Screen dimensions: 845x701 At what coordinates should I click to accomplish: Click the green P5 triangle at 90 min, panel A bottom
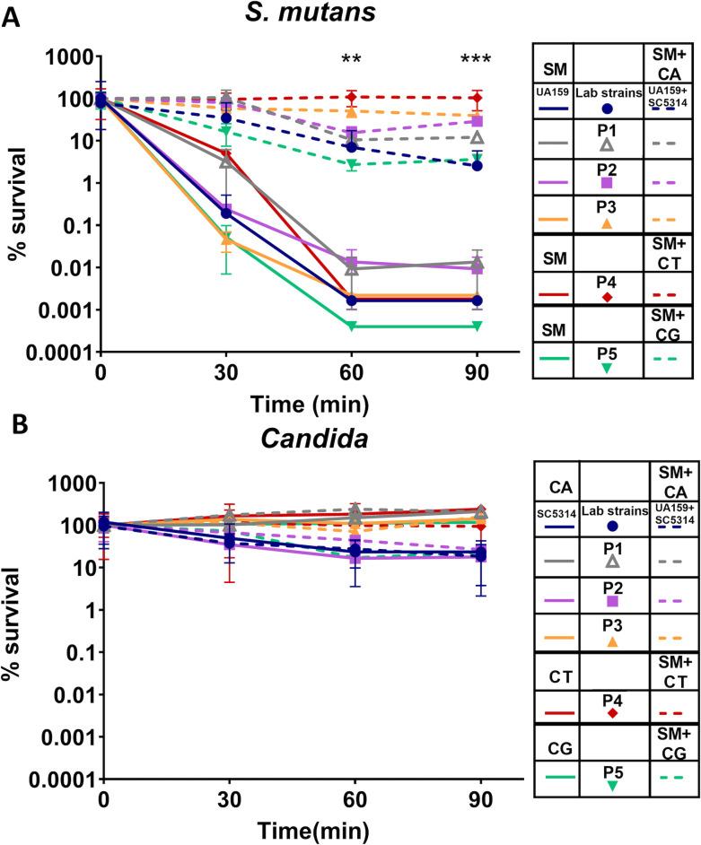click(x=478, y=326)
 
